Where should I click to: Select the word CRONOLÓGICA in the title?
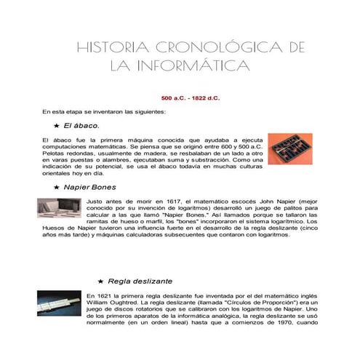tap(209, 48)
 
